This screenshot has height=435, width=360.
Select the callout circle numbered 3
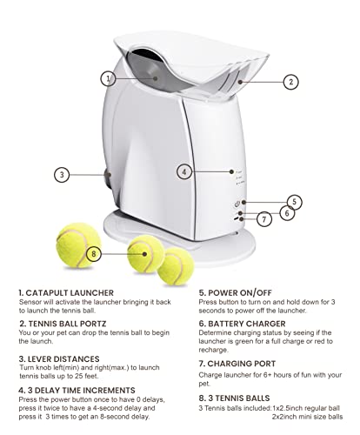pos(61,174)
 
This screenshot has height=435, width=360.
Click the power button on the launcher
pos(236,201)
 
